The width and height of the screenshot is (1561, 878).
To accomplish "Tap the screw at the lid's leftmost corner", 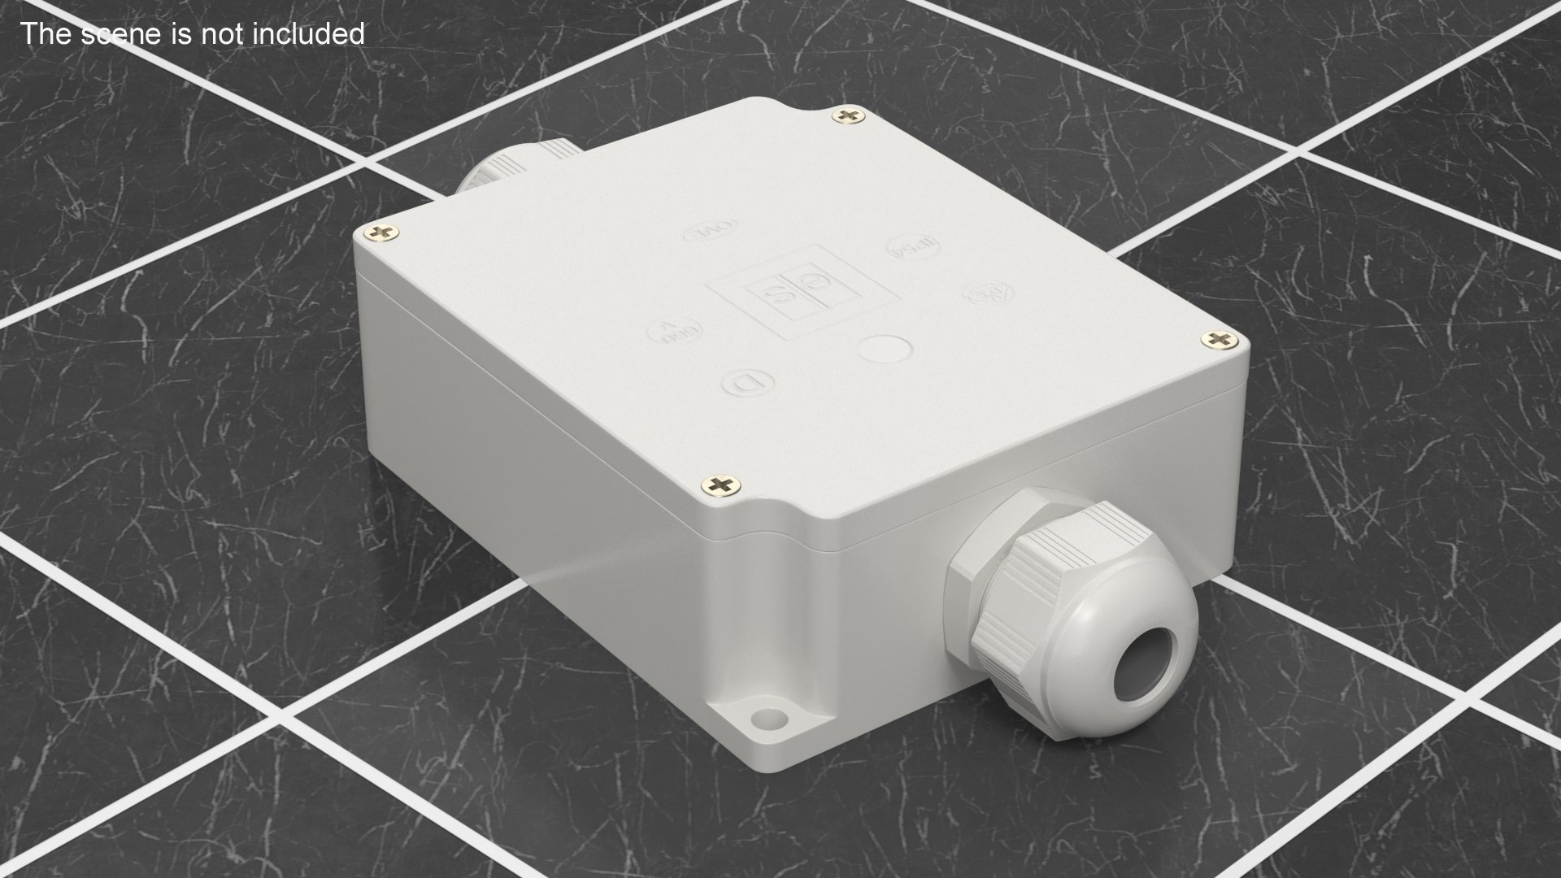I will tap(379, 234).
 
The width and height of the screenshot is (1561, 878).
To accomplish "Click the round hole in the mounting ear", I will tap(765, 719).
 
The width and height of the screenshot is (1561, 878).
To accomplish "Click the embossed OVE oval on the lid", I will tap(708, 233).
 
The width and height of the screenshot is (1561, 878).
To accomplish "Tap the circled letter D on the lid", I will tap(746, 382).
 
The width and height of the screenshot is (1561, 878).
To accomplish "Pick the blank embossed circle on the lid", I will tap(884, 350).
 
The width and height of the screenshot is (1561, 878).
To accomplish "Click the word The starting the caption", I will tap(42, 33).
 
